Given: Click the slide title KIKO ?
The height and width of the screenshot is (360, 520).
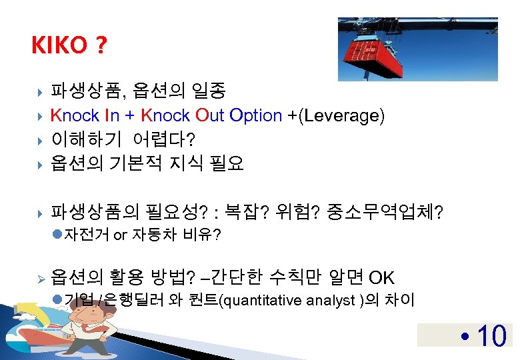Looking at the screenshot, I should [69, 45].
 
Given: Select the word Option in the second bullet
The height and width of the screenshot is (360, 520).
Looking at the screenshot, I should [255, 115].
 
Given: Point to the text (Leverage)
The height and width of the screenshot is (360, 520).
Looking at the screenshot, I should [341, 115].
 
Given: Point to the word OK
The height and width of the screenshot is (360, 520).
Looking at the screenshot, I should [381, 277].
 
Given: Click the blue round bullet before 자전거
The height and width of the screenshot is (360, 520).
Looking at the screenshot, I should [56, 235].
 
